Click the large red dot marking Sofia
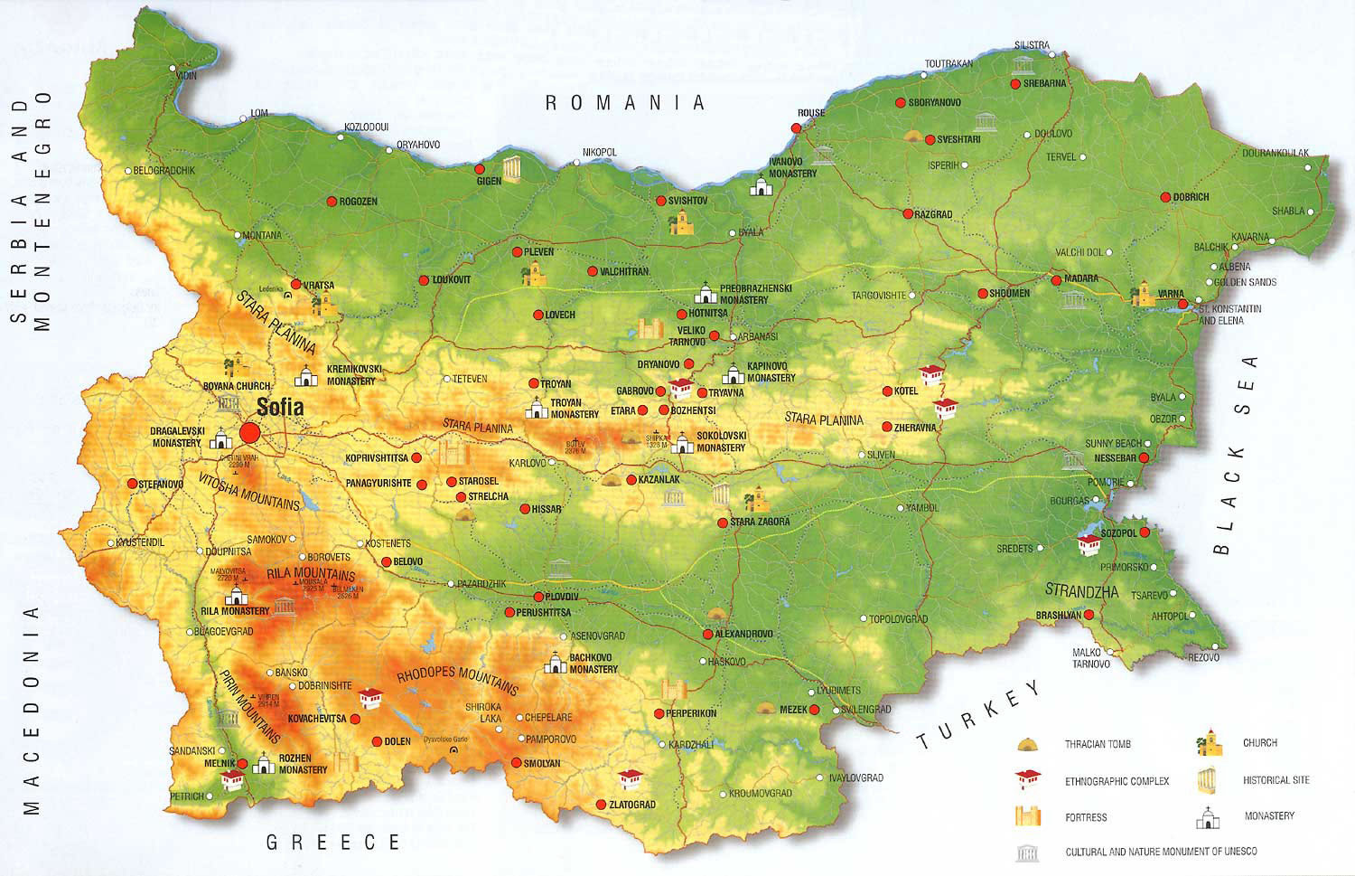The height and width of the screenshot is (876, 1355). tap(250, 433)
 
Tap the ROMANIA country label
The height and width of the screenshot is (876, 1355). tap(624, 103)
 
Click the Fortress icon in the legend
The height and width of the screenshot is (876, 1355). tap(1027, 816)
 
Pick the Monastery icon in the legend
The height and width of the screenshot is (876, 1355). tap(1207, 817)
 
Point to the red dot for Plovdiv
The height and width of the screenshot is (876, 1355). tap(538, 597)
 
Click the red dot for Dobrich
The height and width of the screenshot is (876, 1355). tap(1166, 197)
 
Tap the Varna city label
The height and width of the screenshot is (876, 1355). tap(1171, 294)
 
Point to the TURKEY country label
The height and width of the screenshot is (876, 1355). tap(979, 714)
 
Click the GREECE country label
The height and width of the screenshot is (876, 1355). tap(332, 843)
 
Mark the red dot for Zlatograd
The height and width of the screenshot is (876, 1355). tap(601, 805)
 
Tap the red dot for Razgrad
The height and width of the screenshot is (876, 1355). tap(908, 214)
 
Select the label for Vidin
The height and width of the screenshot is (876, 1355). tap(186, 76)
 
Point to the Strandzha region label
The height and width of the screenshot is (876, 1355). tap(1081, 591)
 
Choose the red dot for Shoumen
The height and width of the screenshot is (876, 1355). tap(982, 293)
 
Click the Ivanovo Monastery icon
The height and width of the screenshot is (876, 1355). tap(762, 186)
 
